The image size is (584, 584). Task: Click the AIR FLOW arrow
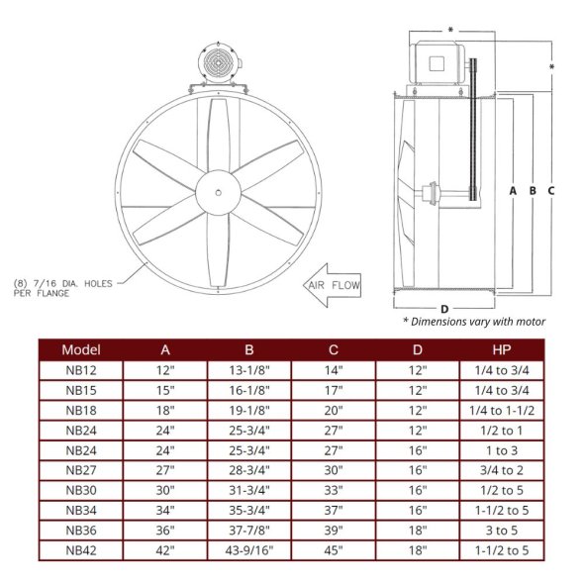click(x=332, y=286)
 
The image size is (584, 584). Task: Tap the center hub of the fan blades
click(x=216, y=188)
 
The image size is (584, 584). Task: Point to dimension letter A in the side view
click(x=513, y=188)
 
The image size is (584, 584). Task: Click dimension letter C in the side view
click(x=550, y=188)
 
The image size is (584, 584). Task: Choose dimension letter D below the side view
click(x=444, y=309)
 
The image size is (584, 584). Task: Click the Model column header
click(x=81, y=349)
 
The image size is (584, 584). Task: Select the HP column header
click(x=502, y=349)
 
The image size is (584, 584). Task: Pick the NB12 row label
click(x=81, y=369)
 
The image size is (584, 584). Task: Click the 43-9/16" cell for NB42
click(x=249, y=549)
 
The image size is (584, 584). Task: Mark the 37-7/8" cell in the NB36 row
click(x=249, y=530)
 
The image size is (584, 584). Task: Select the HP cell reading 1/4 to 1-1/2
click(x=502, y=409)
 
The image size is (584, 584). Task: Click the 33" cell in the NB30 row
click(x=334, y=489)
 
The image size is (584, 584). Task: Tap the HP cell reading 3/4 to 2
click(x=502, y=469)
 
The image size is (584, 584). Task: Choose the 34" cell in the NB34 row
click(x=165, y=510)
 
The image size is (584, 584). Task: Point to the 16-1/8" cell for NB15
click(x=249, y=389)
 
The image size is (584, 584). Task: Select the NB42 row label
click(x=81, y=549)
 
